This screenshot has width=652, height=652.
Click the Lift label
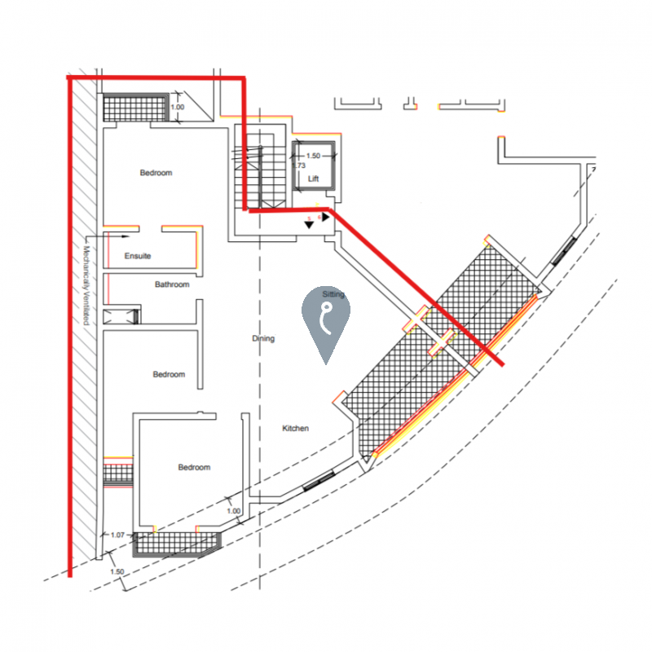click(313, 178)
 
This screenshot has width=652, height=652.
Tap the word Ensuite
click(138, 256)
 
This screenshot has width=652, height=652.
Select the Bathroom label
click(172, 284)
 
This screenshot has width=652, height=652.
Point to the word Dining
click(263, 338)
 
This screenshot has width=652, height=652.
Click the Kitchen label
click(295, 429)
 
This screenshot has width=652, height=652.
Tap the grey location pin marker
click(325, 320)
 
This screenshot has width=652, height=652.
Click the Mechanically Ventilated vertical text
click(86, 285)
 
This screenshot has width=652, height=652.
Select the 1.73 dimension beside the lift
click(299, 165)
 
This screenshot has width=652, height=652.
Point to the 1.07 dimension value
click(117, 535)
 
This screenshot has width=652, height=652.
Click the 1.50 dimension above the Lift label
click(313, 156)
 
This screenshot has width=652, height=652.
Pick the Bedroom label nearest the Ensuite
click(156, 173)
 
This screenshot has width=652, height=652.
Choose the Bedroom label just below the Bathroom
click(169, 374)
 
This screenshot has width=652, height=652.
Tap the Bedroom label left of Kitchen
click(194, 467)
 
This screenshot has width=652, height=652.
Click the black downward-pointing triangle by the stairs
click(309, 225)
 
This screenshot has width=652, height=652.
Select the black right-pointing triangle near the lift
click(325, 217)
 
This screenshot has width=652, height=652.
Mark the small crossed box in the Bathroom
click(121, 316)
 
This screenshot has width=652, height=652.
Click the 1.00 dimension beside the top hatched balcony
click(178, 107)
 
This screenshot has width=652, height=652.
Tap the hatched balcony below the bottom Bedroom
click(177, 544)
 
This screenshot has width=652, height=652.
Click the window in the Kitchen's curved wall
click(319, 481)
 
